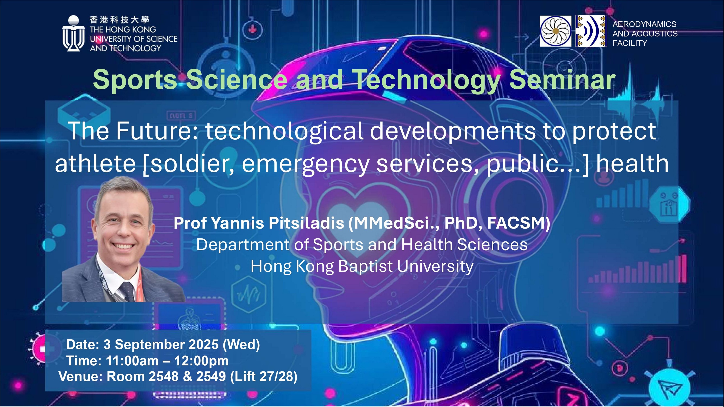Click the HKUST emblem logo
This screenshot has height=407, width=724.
[x=73, y=33]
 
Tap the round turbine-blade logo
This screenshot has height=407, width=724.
[x=555, y=31]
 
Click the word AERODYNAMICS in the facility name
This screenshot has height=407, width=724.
[x=645, y=24]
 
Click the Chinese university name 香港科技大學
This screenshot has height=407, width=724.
[x=119, y=20]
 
